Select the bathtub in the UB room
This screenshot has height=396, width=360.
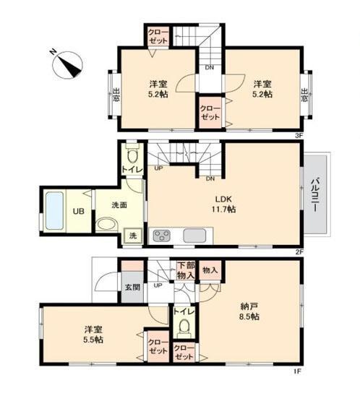[x=54, y=211]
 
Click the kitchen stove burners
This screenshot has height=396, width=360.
[x=161, y=236]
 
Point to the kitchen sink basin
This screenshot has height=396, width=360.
[x=194, y=236]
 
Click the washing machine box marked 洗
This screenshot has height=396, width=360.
[x=133, y=236]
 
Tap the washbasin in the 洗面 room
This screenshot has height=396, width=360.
[x=107, y=224]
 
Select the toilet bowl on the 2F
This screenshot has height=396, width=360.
[x=132, y=156]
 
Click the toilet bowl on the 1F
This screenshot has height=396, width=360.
[x=184, y=325]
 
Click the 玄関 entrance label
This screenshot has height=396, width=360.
[x=132, y=287]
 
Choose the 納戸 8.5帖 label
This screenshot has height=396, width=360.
[x=249, y=311]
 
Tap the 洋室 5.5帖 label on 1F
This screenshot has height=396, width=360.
[x=93, y=335]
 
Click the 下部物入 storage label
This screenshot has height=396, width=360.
[x=186, y=270]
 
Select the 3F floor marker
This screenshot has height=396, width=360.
[x=299, y=136]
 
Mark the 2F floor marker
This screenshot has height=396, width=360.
[x=299, y=252]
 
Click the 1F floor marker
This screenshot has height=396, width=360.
[x=297, y=371]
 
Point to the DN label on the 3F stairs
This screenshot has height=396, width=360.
[x=209, y=67]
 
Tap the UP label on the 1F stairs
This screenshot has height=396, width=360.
[x=158, y=285]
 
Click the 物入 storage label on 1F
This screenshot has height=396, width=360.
[x=210, y=270]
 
